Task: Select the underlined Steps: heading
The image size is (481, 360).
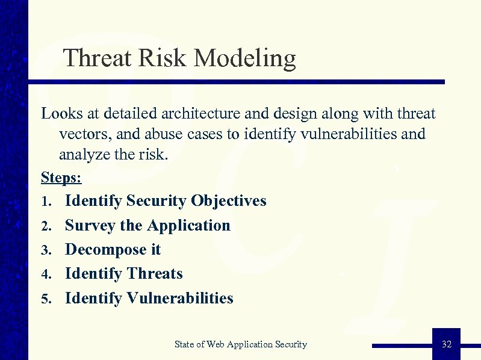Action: [x=61, y=178]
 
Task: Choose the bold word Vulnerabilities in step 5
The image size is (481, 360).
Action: [x=180, y=298]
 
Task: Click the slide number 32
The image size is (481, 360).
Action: [x=446, y=344]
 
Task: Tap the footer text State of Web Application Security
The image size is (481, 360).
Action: [x=240, y=344]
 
